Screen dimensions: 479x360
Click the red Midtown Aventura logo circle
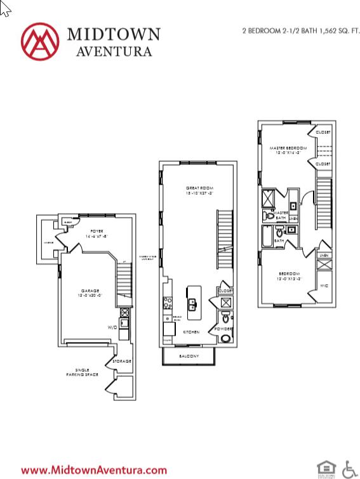(x=40, y=41)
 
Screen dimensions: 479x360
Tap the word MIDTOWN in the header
(x=113, y=34)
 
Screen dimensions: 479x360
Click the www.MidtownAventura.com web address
(x=94, y=470)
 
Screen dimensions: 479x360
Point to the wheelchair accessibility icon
(x=350, y=469)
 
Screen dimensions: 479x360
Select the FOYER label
(x=96, y=232)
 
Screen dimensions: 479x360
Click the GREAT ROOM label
(x=198, y=188)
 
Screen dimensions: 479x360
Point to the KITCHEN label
(x=191, y=332)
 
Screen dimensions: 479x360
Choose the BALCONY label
(x=189, y=357)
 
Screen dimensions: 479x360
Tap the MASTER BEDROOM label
(x=287, y=147)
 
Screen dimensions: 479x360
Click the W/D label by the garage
(x=112, y=328)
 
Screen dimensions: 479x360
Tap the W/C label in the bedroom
(x=323, y=286)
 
